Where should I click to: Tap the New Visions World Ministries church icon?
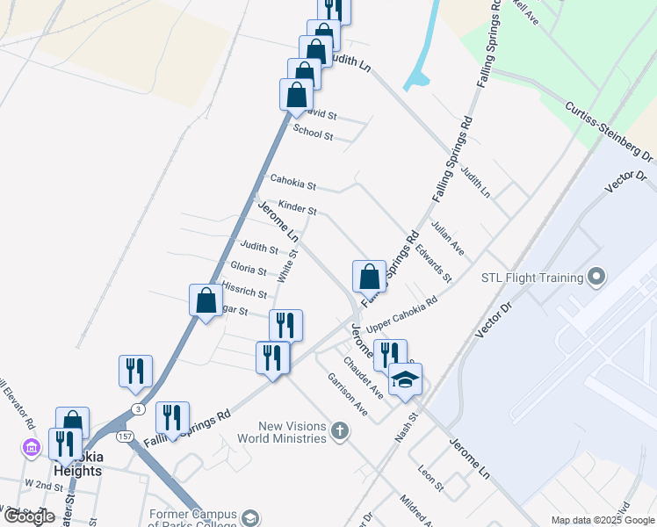340,430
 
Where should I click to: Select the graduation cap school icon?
405,380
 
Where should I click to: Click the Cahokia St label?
292,184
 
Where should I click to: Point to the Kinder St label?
297,210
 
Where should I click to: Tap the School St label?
313,134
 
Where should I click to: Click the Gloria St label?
248,268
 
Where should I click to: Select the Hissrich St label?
244,290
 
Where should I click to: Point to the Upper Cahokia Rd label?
401,314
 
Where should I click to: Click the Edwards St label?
433,263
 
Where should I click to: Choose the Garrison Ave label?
348,393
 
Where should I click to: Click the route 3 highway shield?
137,409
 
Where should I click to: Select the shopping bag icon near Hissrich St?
206,300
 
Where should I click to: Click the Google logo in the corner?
29,516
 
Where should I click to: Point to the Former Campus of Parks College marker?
251,517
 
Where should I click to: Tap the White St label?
287,265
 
